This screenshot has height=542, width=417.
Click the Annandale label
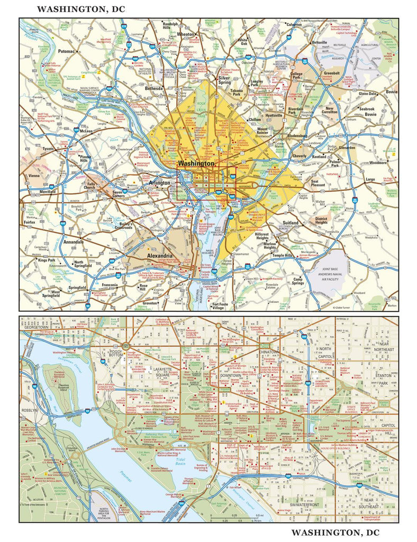(73, 242)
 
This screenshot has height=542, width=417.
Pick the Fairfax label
(29, 223)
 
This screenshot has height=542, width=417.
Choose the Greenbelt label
(332, 74)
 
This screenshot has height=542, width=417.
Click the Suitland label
(292, 223)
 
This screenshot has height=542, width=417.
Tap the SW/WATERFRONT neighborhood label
(294, 505)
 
